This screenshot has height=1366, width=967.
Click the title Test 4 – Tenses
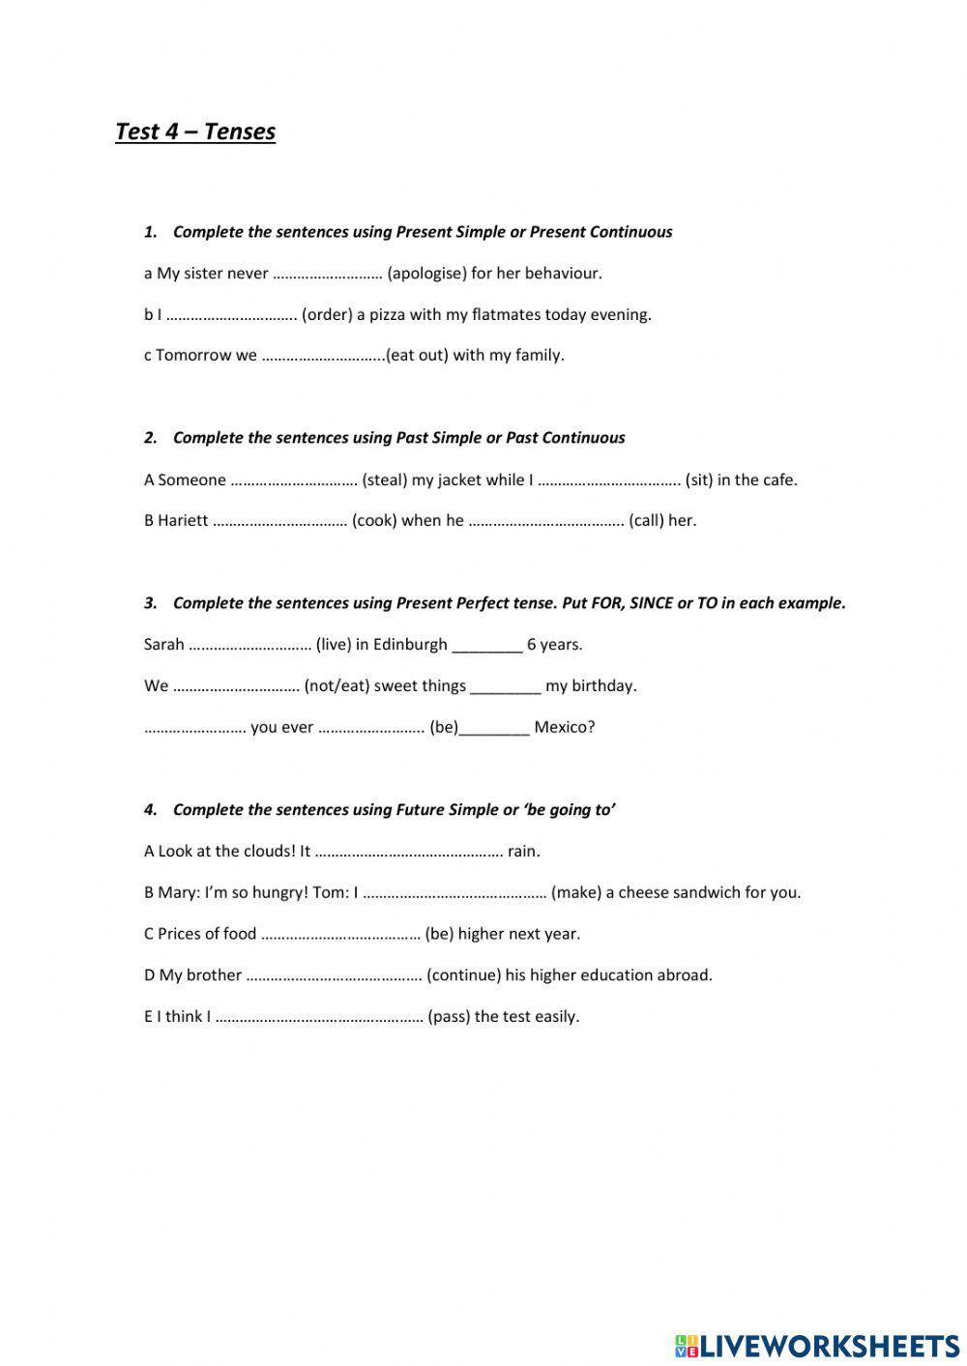tap(195, 131)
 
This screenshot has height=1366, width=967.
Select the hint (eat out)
tap(417, 356)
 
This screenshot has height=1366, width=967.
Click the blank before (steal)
tap(294, 480)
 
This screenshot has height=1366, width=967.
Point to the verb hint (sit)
tap(701, 480)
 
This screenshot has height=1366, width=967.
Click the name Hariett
tap(183, 521)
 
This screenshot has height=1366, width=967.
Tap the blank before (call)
tap(545, 521)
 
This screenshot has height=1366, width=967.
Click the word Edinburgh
tap(410, 645)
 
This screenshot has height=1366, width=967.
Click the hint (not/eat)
tap(337, 686)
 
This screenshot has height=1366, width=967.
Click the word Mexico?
tap(564, 728)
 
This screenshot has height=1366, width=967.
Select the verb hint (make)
tap(576, 893)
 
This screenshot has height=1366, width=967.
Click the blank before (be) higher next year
tap(340, 935)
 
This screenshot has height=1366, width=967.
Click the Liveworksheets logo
tap(816, 1345)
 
